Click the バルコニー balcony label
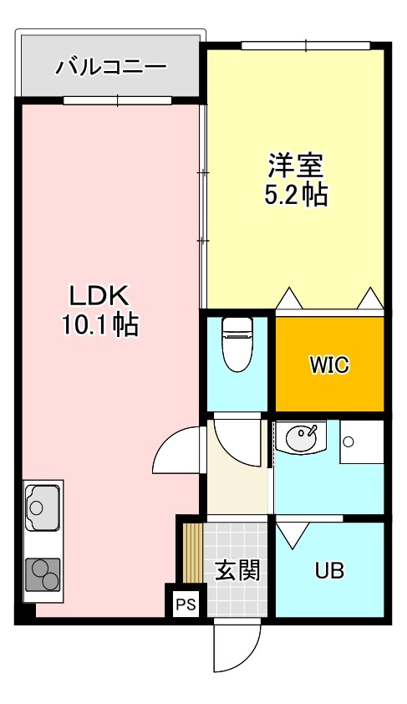(x=110, y=66)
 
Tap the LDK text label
(x=98, y=295)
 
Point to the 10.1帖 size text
(x=98, y=324)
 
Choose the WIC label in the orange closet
(x=329, y=365)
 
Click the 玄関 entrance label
(x=237, y=571)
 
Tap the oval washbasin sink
(x=302, y=437)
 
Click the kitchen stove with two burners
(x=43, y=575)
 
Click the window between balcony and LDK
(x=117, y=100)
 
